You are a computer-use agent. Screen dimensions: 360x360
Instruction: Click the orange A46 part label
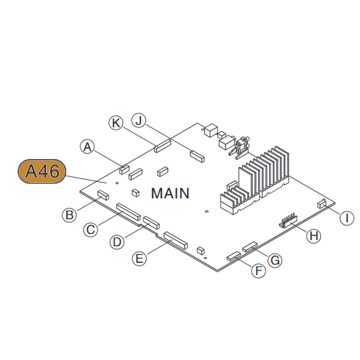pyautogui.click(x=41, y=171)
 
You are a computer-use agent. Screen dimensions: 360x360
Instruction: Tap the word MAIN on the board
pyautogui.click(x=170, y=193)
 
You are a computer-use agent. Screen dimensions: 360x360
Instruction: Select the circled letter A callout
pyautogui.click(x=88, y=146)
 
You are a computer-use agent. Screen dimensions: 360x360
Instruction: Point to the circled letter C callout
pyautogui.click(x=91, y=229)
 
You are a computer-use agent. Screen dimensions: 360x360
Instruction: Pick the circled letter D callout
pyautogui.click(x=117, y=242)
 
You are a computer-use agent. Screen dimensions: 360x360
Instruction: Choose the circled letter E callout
pyautogui.click(x=139, y=258)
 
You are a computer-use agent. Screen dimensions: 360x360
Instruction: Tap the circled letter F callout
pyautogui.click(x=258, y=270)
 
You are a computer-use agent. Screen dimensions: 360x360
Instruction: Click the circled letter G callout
pyautogui.click(x=274, y=259)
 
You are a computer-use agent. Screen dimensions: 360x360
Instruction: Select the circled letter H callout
pyautogui.click(x=314, y=235)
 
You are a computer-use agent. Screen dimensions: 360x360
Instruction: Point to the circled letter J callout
pyautogui.click(x=139, y=121)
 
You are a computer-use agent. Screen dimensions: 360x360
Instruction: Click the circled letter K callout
pyautogui.click(x=117, y=122)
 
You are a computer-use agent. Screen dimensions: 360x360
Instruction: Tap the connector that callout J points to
pyautogui.click(x=197, y=156)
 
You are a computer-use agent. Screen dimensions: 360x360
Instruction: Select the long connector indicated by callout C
pyautogui.click(x=128, y=211)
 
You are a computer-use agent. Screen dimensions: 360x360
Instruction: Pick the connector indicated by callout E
pyautogui.click(x=175, y=241)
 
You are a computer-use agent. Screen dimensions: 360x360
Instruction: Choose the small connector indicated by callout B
pyautogui.click(x=103, y=195)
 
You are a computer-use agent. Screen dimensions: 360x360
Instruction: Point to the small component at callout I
pyautogui.click(x=322, y=204)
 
